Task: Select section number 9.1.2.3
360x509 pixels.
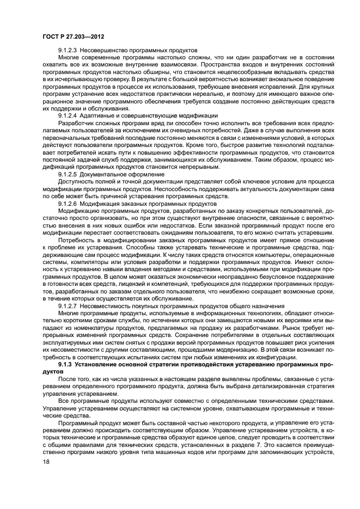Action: tap(68, 50)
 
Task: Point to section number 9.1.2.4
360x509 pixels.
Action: tap(68, 115)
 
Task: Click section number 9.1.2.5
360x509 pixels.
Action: tap(68, 174)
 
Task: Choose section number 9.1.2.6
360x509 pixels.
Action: tap(68, 203)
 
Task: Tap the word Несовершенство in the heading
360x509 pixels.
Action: tap(102, 50)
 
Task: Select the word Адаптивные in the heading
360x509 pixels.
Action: tap(97, 115)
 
